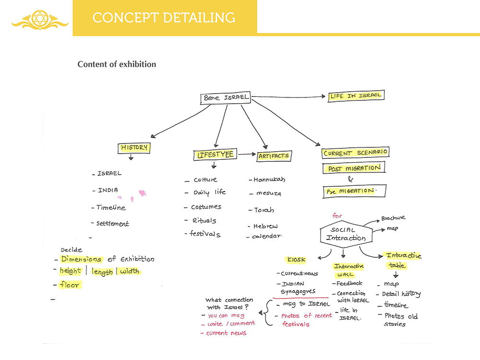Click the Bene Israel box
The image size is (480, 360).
coord(226,98)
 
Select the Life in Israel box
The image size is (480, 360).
coord(356,96)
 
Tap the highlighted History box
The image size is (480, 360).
coord(134,148)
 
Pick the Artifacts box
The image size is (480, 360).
coord(274,156)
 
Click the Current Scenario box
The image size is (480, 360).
coord(355,153)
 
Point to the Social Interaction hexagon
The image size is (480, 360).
coord(342,234)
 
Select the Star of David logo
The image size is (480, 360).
coord(40,19)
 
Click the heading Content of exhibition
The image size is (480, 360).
coord(117,64)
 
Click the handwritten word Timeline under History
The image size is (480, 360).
coord(110,208)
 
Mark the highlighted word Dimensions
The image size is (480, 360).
coord(81,259)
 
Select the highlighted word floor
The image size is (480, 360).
coord(70,285)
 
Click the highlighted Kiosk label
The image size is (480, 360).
coord(296,260)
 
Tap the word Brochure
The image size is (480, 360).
coord(394,218)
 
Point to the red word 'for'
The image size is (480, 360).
coord(337,216)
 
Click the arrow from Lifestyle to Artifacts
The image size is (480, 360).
coord(247,155)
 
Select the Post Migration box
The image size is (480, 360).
coord(354,168)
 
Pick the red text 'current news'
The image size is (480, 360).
coord(226,333)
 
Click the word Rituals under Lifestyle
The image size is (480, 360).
coord(204,221)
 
